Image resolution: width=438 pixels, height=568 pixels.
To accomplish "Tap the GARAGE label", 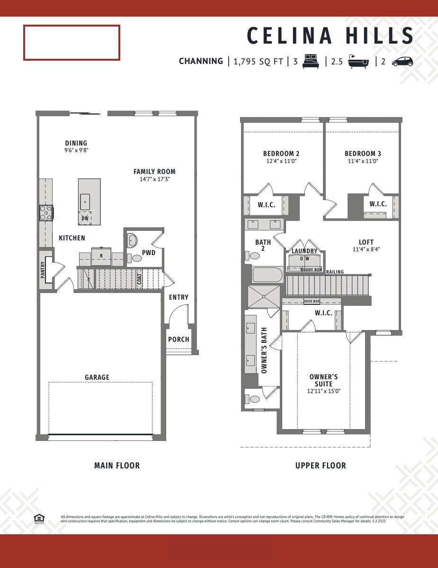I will pyautogui.click(x=97, y=377).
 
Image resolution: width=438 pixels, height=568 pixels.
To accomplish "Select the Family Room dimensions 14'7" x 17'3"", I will pyautogui.click(x=154, y=180).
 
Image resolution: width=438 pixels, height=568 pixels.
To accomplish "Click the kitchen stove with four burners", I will pyautogui.click(x=46, y=212).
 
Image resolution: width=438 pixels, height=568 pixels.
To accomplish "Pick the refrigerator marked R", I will pyautogui.click(x=101, y=255).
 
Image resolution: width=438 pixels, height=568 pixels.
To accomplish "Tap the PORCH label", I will pyautogui.click(x=179, y=339).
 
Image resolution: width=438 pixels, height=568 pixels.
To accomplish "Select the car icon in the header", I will pyautogui.click(x=402, y=61).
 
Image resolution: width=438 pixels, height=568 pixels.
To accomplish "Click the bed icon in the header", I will pyautogui.click(x=311, y=61).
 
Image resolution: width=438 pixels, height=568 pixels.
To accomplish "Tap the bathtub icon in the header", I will pyautogui.click(x=359, y=61).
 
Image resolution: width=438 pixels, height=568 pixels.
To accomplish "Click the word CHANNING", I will pyautogui.click(x=201, y=61).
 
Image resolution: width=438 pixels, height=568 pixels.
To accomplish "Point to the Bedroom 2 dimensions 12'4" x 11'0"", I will pyautogui.click(x=281, y=161).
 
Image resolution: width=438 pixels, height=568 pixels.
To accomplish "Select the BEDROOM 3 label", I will pyautogui.click(x=363, y=154).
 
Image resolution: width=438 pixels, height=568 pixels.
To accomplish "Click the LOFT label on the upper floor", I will pyautogui.click(x=366, y=242).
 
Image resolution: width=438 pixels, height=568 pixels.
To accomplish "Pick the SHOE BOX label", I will pyautogui.click(x=312, y=301).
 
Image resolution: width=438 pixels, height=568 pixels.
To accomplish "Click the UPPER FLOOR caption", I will pyautogui.click(x=321, y=466).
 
